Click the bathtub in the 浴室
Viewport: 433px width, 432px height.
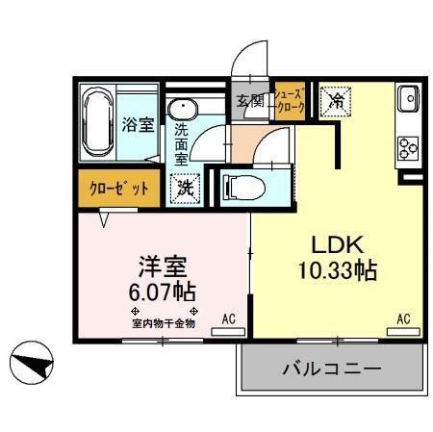pos(96,124)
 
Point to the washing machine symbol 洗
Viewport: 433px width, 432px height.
pos(184,187)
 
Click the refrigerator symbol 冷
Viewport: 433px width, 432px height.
pos(338,99)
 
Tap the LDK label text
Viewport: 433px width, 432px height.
pos(333,243)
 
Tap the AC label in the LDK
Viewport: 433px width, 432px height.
pos(404,318)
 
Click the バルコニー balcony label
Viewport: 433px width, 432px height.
pos(332,368)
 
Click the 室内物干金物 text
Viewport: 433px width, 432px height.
pos(164,324)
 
